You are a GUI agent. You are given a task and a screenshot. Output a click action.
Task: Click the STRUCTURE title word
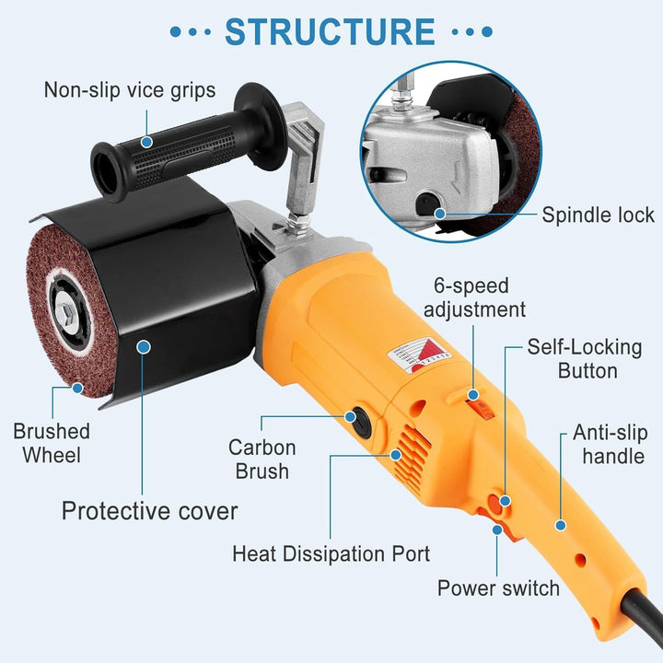[x=330, y=31]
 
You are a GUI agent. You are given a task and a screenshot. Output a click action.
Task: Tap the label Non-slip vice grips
[x=130, y=90]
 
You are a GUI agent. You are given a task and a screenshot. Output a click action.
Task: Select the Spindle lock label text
[x=598, y=215]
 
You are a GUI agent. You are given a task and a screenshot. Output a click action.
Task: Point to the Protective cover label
[x=150, y=511]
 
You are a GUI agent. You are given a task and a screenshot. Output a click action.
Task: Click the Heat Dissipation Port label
[x=331, y=553]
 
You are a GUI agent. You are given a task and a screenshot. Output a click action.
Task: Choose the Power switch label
[x=498, y=587]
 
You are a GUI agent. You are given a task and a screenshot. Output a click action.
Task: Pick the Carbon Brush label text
[x=262, y=459]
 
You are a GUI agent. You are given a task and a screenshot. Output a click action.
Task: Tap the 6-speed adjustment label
[x=474, y=297]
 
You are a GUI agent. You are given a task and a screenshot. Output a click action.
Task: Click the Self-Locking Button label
[x=585, y=359]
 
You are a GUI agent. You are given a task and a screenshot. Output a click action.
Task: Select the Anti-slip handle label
[x=611, y=444]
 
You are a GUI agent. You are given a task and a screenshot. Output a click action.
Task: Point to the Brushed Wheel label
[x=52, y=443]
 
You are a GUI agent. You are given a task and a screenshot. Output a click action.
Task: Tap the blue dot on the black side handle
[x=146, y=142]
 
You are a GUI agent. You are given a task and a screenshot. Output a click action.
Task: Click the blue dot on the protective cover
[x=144, y=347]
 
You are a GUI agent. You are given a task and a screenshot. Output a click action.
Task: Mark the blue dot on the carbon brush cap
[x=350, y=417]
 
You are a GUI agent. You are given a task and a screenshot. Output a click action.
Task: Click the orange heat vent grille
[x=412, y=458]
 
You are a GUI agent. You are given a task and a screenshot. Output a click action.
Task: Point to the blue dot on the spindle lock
[x=440, y=214]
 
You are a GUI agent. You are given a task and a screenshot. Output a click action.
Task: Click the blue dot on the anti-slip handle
[x=561, y=526]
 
